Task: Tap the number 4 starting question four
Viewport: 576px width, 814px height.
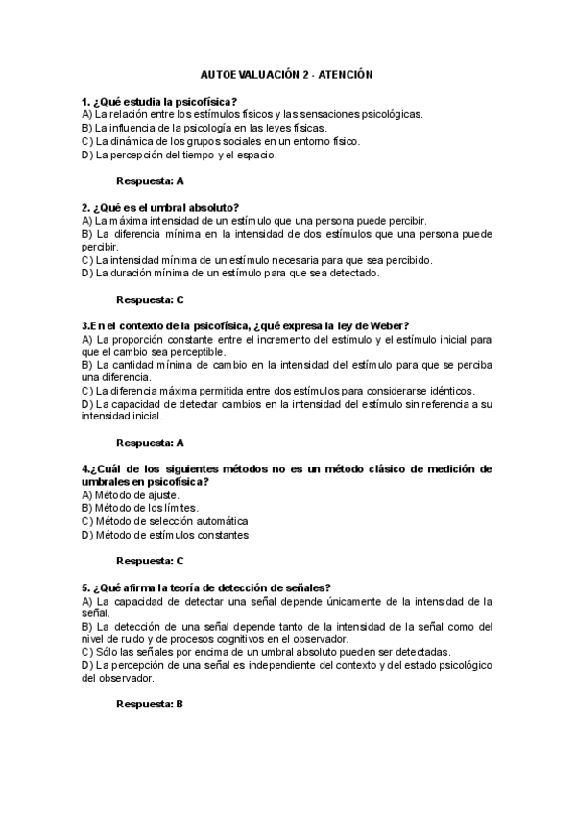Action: (85, 468)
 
